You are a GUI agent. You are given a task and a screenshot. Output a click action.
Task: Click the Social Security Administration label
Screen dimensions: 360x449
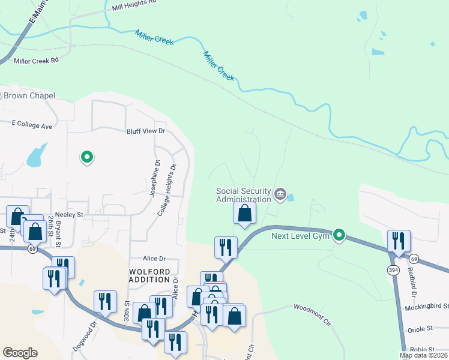point(243,195)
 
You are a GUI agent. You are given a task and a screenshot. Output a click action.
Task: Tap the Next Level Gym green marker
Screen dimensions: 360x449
point(339,235)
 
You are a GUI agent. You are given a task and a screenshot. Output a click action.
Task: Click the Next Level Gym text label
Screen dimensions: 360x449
point(301,235)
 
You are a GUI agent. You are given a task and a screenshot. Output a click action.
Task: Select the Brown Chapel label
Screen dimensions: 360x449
point(30,95)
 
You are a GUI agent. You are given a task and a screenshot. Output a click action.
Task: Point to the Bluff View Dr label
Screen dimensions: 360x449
point(145,131)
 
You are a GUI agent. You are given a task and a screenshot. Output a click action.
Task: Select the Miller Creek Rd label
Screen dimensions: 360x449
point(36,61)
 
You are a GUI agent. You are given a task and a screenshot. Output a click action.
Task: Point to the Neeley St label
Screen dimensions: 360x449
point(68,214)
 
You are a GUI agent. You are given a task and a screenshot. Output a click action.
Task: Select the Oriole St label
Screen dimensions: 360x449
point(420,329)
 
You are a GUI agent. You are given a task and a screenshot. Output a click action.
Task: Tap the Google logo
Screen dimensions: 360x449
point(20,352)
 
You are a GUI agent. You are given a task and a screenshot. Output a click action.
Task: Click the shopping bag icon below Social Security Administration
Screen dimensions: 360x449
point(244,213)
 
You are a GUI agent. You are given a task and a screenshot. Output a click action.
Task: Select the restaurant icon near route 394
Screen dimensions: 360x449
point(399,241)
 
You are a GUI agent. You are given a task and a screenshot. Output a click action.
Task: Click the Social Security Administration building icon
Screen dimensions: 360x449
point(280,194)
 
